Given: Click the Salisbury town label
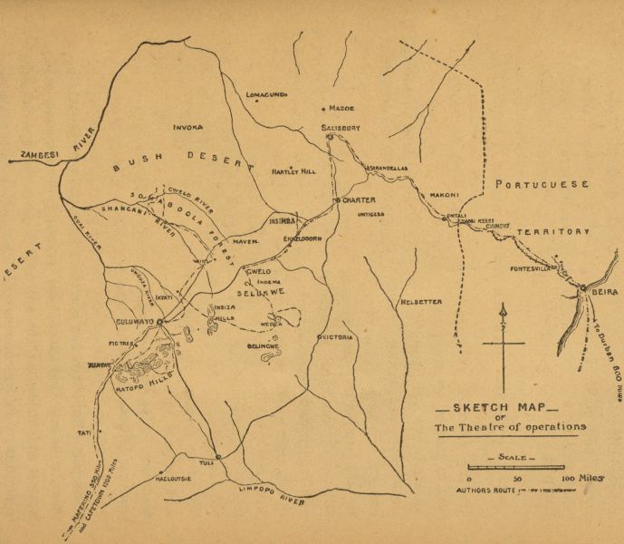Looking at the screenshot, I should (341, 129).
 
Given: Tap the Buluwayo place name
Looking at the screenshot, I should (137, 321).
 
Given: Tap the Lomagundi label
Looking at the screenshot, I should (266, 93).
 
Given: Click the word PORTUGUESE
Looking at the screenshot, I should (541, 184).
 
